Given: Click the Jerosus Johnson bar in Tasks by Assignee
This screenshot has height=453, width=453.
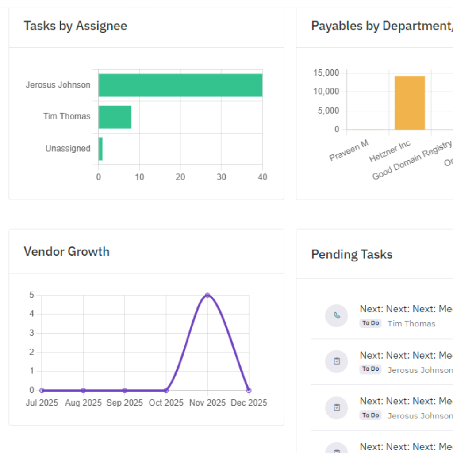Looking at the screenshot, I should click(180, 85).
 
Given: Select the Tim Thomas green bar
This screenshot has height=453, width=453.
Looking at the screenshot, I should click(115, 117).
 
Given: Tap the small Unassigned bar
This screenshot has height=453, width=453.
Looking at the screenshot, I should click(100, 149).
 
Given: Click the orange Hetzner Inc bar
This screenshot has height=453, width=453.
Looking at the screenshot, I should click(410, 103).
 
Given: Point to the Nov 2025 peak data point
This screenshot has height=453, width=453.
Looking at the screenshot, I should click(207, 295).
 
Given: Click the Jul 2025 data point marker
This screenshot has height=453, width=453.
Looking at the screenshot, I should click(42, 390).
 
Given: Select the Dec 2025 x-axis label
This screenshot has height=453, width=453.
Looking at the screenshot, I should click(249, 403).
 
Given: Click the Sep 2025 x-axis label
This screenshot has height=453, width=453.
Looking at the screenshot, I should click(124, 403).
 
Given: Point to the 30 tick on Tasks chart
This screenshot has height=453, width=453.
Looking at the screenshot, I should click(221, 177).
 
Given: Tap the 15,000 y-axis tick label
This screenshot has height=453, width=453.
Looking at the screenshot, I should click(326, 73).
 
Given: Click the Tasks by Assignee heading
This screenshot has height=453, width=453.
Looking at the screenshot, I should click(75, 26).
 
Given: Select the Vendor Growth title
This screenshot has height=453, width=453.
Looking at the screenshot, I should click(66, 251).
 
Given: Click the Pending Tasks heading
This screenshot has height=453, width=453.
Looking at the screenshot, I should click(352, 254).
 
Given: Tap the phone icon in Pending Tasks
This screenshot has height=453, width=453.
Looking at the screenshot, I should click(337, 315).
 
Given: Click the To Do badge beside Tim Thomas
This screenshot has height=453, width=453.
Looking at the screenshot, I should click(370, 323).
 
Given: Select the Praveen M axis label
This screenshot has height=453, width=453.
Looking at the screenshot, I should click(349, 151).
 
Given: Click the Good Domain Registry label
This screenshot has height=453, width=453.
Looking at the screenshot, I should click(412, 160).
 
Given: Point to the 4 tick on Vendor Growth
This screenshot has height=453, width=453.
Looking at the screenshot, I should click(32, 314).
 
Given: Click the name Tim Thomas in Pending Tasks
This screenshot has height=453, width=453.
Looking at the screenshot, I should click(411, 324).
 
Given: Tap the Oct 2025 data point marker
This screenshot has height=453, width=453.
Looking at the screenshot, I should click(166, 390).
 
